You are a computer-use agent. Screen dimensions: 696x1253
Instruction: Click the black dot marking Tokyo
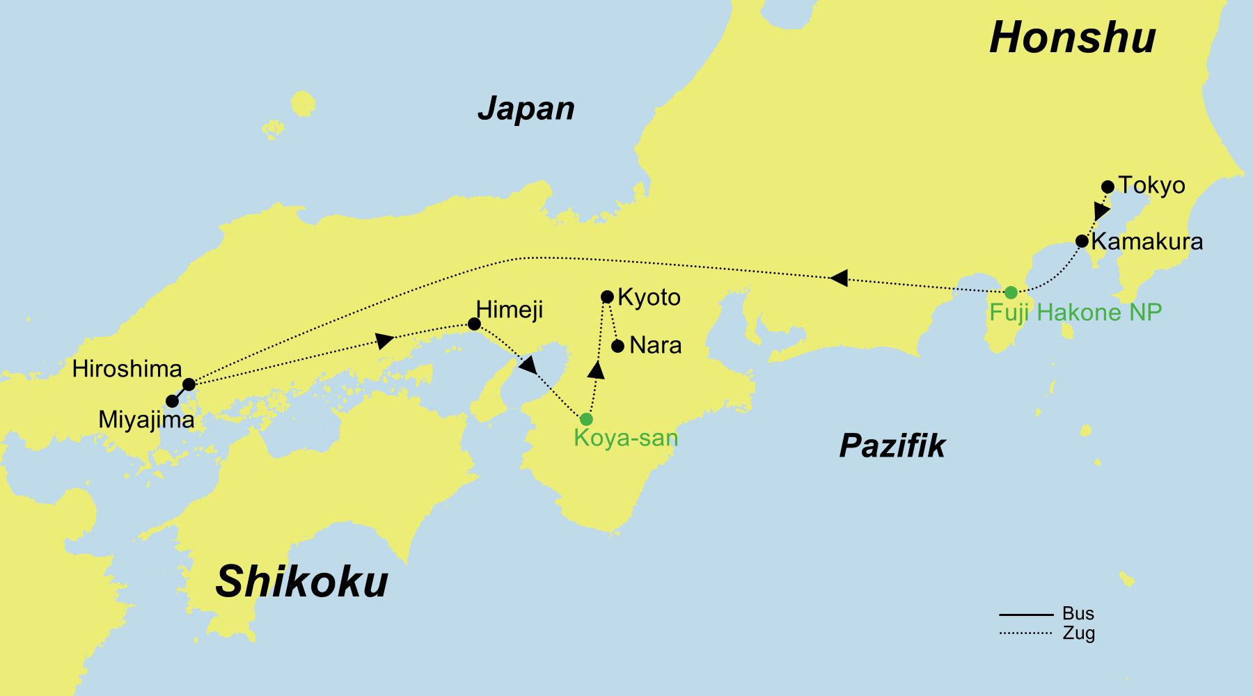click(1108, 187)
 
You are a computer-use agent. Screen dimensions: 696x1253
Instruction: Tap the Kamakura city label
click(1146, 242)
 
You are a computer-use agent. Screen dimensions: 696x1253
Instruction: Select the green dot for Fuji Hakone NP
click(1011, 292)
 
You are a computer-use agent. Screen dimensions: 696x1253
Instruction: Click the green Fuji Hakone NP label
click(1075, 313)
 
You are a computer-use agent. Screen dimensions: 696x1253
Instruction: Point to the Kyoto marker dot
click(607, 297)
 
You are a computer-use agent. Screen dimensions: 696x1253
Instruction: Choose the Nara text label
click(655, 345)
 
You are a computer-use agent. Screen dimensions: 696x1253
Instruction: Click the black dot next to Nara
click(617, 346)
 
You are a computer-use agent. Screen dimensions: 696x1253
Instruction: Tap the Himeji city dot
click(474, 324)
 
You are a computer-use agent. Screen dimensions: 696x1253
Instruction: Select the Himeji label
click(509, 310)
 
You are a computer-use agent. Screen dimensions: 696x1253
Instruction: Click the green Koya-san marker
click(586, 419)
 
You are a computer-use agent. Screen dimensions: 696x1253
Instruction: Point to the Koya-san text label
click(625, 438)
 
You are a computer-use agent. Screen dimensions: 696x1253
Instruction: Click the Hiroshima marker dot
click(189, 384)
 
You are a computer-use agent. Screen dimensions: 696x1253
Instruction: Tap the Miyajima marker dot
click(172, 402)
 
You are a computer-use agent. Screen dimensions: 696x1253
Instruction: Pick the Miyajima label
click(146, 420)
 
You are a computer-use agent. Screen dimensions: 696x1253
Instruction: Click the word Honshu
click(1072, 38)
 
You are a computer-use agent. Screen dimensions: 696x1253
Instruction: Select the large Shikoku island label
click(301, 582)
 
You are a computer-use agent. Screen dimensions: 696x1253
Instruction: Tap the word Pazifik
click(892, 445)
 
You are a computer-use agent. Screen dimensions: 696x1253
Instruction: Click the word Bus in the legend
click(1078, 614)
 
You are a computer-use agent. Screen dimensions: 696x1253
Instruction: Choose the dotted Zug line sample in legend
click(1025, 633)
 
